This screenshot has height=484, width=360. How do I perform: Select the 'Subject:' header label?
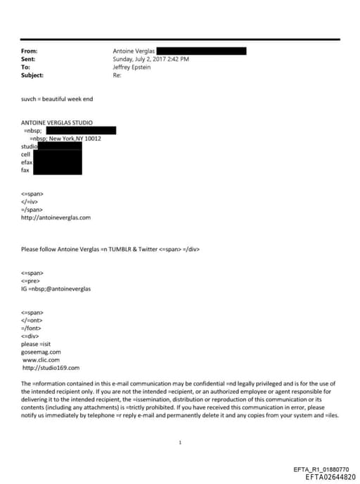click(x=32, y=75)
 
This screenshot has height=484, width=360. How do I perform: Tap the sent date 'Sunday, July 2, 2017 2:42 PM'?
click(x=150, y=59)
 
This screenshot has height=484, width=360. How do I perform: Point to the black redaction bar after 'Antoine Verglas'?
click(x=201, y=51)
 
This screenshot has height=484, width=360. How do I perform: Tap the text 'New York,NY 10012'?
click(x=75, y=139)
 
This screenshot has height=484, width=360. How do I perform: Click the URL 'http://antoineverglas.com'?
click(x=56, y=217)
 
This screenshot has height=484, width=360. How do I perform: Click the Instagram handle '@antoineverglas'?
click(x=67, y=288)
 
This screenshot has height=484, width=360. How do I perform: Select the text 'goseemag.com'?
click(x=41, y=352)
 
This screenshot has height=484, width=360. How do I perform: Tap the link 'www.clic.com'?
click(x=41, y=359)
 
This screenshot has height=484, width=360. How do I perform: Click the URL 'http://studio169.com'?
click(x=51, y=367)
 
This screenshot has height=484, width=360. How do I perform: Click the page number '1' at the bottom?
click(x=181, y=442)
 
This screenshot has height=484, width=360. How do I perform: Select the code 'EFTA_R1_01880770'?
click(x=320, y=469)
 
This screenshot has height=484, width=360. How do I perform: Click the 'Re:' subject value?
click(x=117, y=75)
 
